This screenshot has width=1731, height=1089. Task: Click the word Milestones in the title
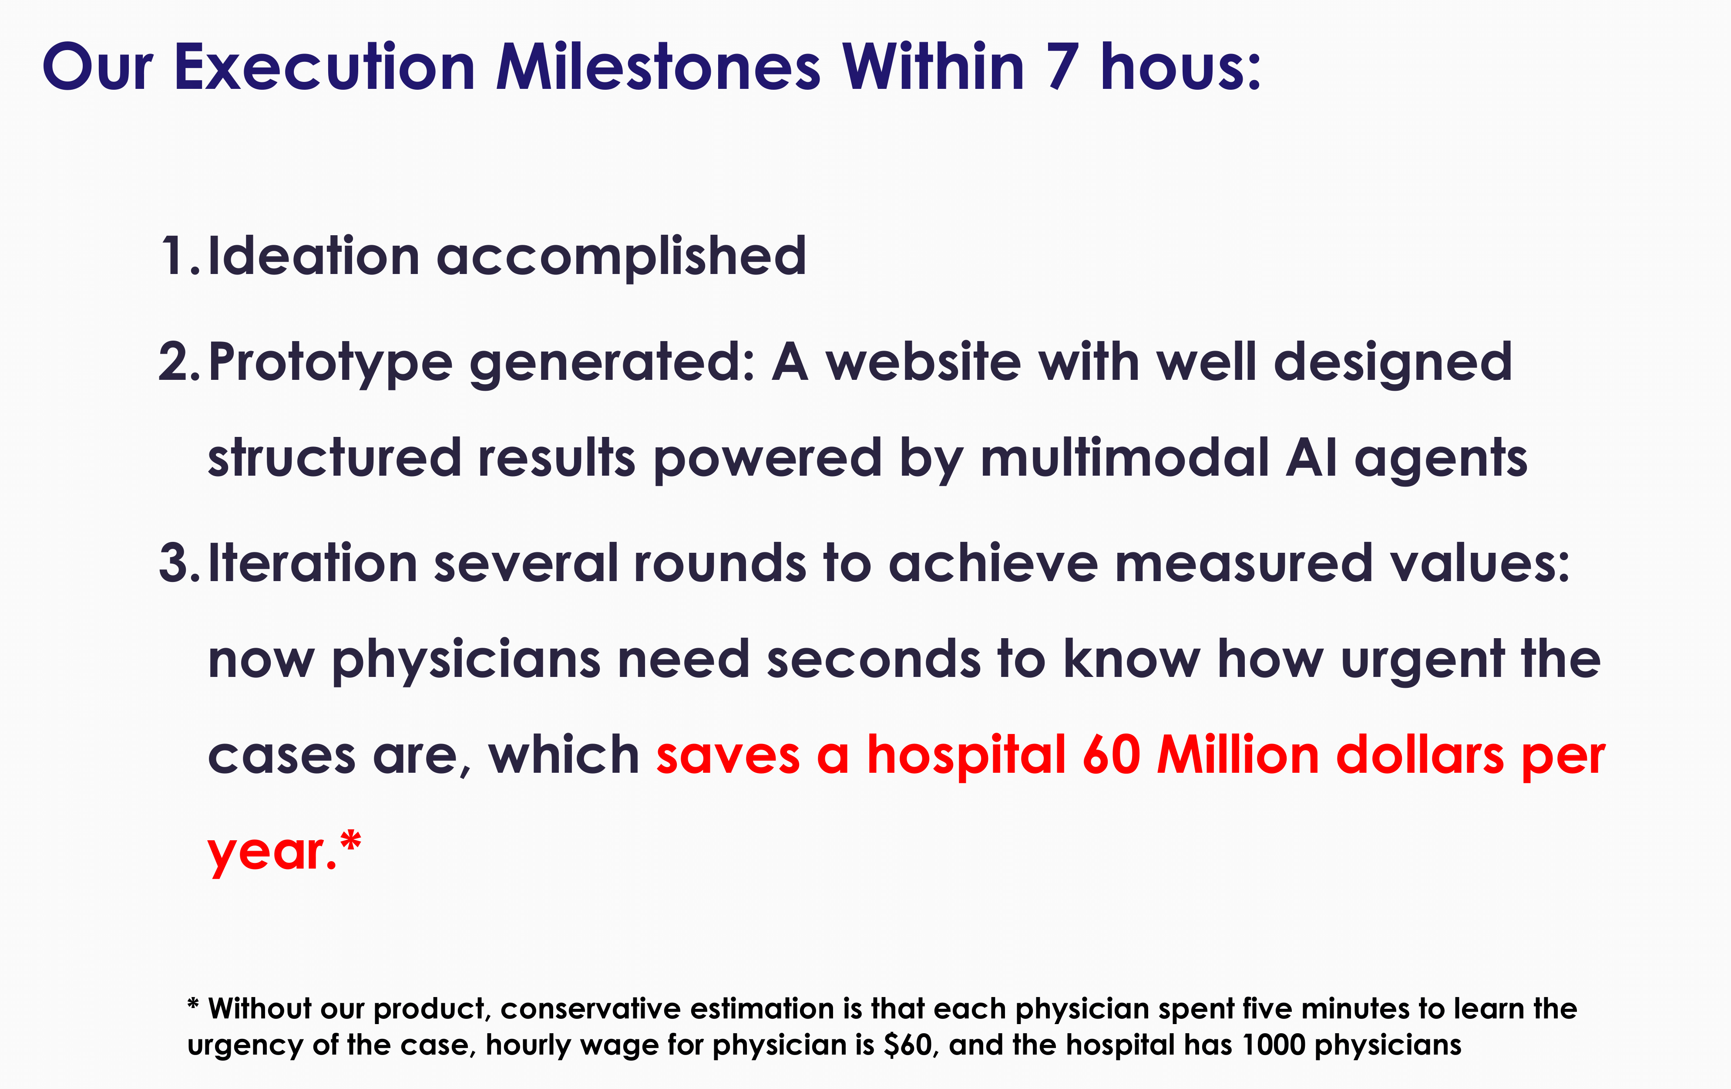tap(658, 67)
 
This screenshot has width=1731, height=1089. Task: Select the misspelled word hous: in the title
tap(1180, 67)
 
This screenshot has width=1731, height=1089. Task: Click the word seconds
tap(874, 659)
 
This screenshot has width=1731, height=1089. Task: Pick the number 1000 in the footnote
tap(1273, 1045)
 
